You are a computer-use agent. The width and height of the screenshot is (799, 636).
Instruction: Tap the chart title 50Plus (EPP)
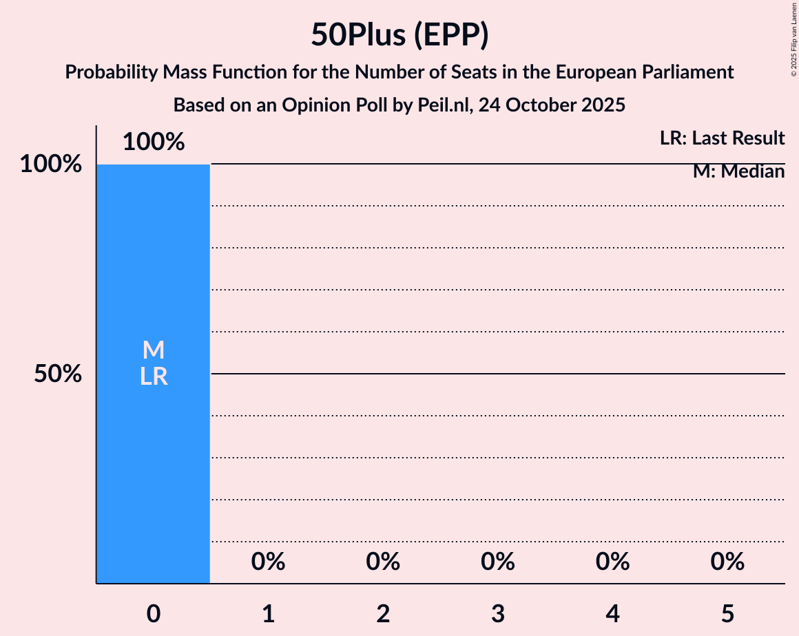tap(399, 34)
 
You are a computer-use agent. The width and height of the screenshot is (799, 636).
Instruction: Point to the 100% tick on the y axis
tap(51, 165)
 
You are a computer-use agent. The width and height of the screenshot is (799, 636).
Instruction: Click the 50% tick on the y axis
tap(59, 374)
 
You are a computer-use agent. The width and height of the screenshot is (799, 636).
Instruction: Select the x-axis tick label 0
tap(154, 613)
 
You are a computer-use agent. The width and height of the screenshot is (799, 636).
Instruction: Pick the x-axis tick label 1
tap(269, 613)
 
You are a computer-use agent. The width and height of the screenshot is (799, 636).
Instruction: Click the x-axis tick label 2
tap(383, 613)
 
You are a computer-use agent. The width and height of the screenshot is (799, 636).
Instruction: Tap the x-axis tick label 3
tap(498, 613)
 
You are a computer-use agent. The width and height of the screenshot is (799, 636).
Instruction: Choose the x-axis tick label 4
tap(613, 613)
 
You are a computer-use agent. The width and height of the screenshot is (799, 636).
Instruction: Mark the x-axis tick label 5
tap(727, 613)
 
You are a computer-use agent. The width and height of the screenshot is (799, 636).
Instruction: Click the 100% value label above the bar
tap(154, 142)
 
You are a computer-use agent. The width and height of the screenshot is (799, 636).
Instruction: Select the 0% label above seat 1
tap(269, 562)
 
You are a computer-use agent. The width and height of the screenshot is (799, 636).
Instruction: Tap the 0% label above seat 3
tap(498, 562)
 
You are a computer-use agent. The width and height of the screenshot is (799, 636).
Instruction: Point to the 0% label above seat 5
tap(727, 562)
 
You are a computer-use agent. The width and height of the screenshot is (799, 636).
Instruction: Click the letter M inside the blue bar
tap(154, 350)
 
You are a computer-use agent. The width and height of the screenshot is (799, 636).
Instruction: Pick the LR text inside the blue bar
tap(154, 377)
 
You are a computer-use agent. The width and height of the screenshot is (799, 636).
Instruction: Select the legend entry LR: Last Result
tap(722, 138)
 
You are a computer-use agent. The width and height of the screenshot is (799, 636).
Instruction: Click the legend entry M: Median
tap(738, 171)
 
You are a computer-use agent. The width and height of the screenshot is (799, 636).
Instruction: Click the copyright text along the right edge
tap(793, 39)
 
